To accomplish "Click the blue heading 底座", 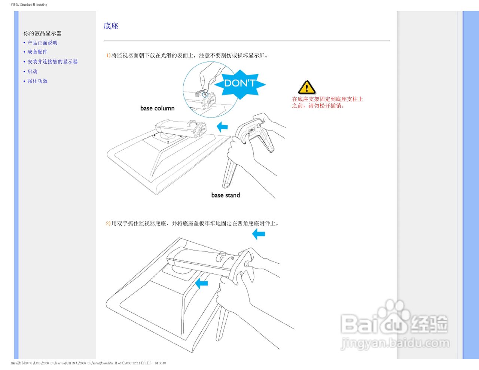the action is pos(111,26).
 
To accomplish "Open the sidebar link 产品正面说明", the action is pos(42,43).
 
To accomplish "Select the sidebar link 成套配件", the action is pos(37,52).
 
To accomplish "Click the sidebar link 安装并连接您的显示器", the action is pos(52,62).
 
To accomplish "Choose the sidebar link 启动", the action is pos(33,71).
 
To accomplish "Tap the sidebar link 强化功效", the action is pos(37,81).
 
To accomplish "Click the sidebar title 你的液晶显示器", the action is pos(43,33).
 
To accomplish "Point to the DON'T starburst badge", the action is pos(239,83).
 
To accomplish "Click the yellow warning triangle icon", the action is pos(307,88).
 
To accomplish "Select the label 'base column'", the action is pos(158,108).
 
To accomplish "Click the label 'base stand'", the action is pos(226,195).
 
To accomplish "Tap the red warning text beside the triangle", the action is pos(327,103).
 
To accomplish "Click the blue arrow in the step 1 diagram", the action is pos(222,127).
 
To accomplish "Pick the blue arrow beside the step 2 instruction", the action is pos(259,235).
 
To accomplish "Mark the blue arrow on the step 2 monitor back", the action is pos(202,283).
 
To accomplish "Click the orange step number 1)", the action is pos(108,55).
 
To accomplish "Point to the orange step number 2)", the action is pos(108,224).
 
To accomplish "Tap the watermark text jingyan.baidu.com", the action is pos(395,343).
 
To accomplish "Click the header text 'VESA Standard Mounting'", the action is pos(29,5).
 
